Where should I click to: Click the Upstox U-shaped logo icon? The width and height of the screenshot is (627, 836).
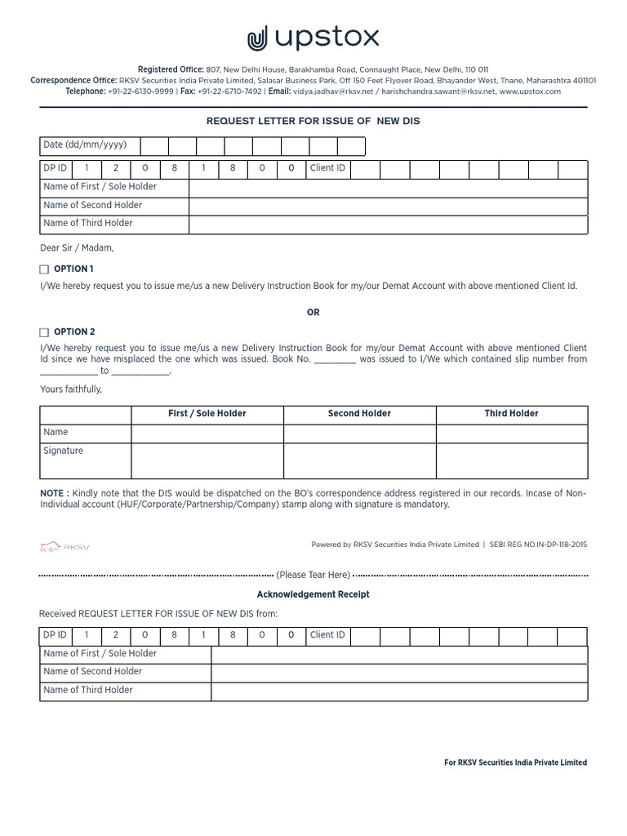point(258,38)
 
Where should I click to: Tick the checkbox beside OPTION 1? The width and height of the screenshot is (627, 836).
point(44,269)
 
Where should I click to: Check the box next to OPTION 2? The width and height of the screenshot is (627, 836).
point(44,332)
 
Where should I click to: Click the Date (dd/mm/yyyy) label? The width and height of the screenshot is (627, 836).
point(85,145)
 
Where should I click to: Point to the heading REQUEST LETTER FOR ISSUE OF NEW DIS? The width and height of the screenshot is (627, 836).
point(313,121)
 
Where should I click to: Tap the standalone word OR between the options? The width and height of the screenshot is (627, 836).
point(313,313)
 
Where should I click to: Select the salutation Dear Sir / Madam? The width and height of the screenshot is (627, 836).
point(78,247)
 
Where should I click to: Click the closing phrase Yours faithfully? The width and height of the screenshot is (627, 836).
point(72,389)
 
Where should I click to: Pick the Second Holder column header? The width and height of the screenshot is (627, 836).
point(359,414)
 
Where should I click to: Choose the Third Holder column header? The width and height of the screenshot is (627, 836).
point(511,414)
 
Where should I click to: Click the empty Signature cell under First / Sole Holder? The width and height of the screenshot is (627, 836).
point(207,460)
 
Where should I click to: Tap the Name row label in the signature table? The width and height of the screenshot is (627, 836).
point(56,433)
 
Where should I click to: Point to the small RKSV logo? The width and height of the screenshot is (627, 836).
point(64,546)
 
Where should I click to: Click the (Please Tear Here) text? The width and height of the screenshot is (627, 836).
point(313,575)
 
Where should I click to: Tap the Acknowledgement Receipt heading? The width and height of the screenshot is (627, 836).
point(313,594)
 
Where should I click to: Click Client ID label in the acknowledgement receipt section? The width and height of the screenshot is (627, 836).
point(327,635)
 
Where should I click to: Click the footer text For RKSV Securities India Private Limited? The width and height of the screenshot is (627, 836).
point(515,763)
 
